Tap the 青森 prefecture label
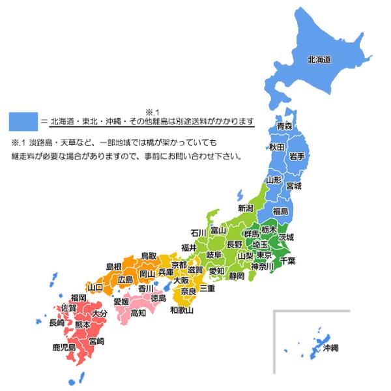(284, 125)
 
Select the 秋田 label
(276, 148)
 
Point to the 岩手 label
(297, 155)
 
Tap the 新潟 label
(246, 209)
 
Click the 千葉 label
(288, 261)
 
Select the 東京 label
(264, 255)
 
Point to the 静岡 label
(237, 276)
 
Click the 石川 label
(199, 232)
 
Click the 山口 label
(95, 287)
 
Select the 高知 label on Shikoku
(138, 313)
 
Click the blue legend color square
(22, 121)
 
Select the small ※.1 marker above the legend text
(154, 111)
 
